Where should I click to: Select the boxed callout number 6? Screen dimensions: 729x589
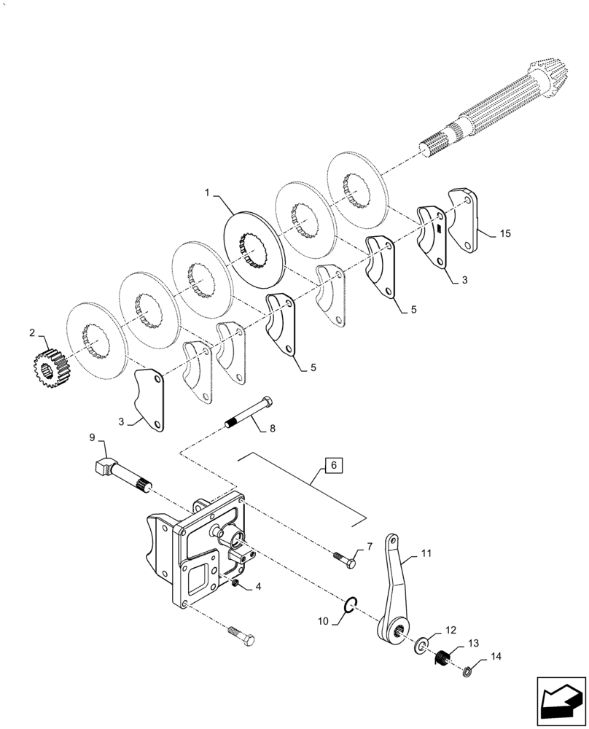point(332,465)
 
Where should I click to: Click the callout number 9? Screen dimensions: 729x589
point(93,437)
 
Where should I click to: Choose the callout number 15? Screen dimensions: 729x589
point(504,234)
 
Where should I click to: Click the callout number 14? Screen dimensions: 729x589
point(496,657)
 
